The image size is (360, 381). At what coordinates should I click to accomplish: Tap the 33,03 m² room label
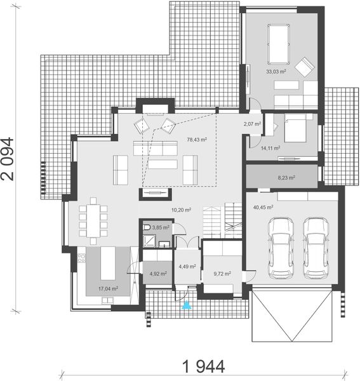tap(276, 72)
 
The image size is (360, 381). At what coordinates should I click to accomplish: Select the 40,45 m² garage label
tap(262, 207)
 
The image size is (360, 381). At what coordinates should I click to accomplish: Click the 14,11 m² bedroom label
tap(270, 148)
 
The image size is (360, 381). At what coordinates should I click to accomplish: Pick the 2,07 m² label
tap(252, 124)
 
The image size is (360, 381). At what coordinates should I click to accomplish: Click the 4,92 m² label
tap(157, 274)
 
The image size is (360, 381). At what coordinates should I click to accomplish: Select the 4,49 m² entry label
tap(187, 267)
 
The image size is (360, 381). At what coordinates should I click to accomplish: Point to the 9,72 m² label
tap(221, 274)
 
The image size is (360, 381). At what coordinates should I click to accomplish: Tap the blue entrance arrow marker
tap(186, 306)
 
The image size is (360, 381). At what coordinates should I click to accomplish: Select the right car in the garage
tap(316, 248)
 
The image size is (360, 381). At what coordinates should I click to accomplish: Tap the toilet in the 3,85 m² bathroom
tap(147, 227)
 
